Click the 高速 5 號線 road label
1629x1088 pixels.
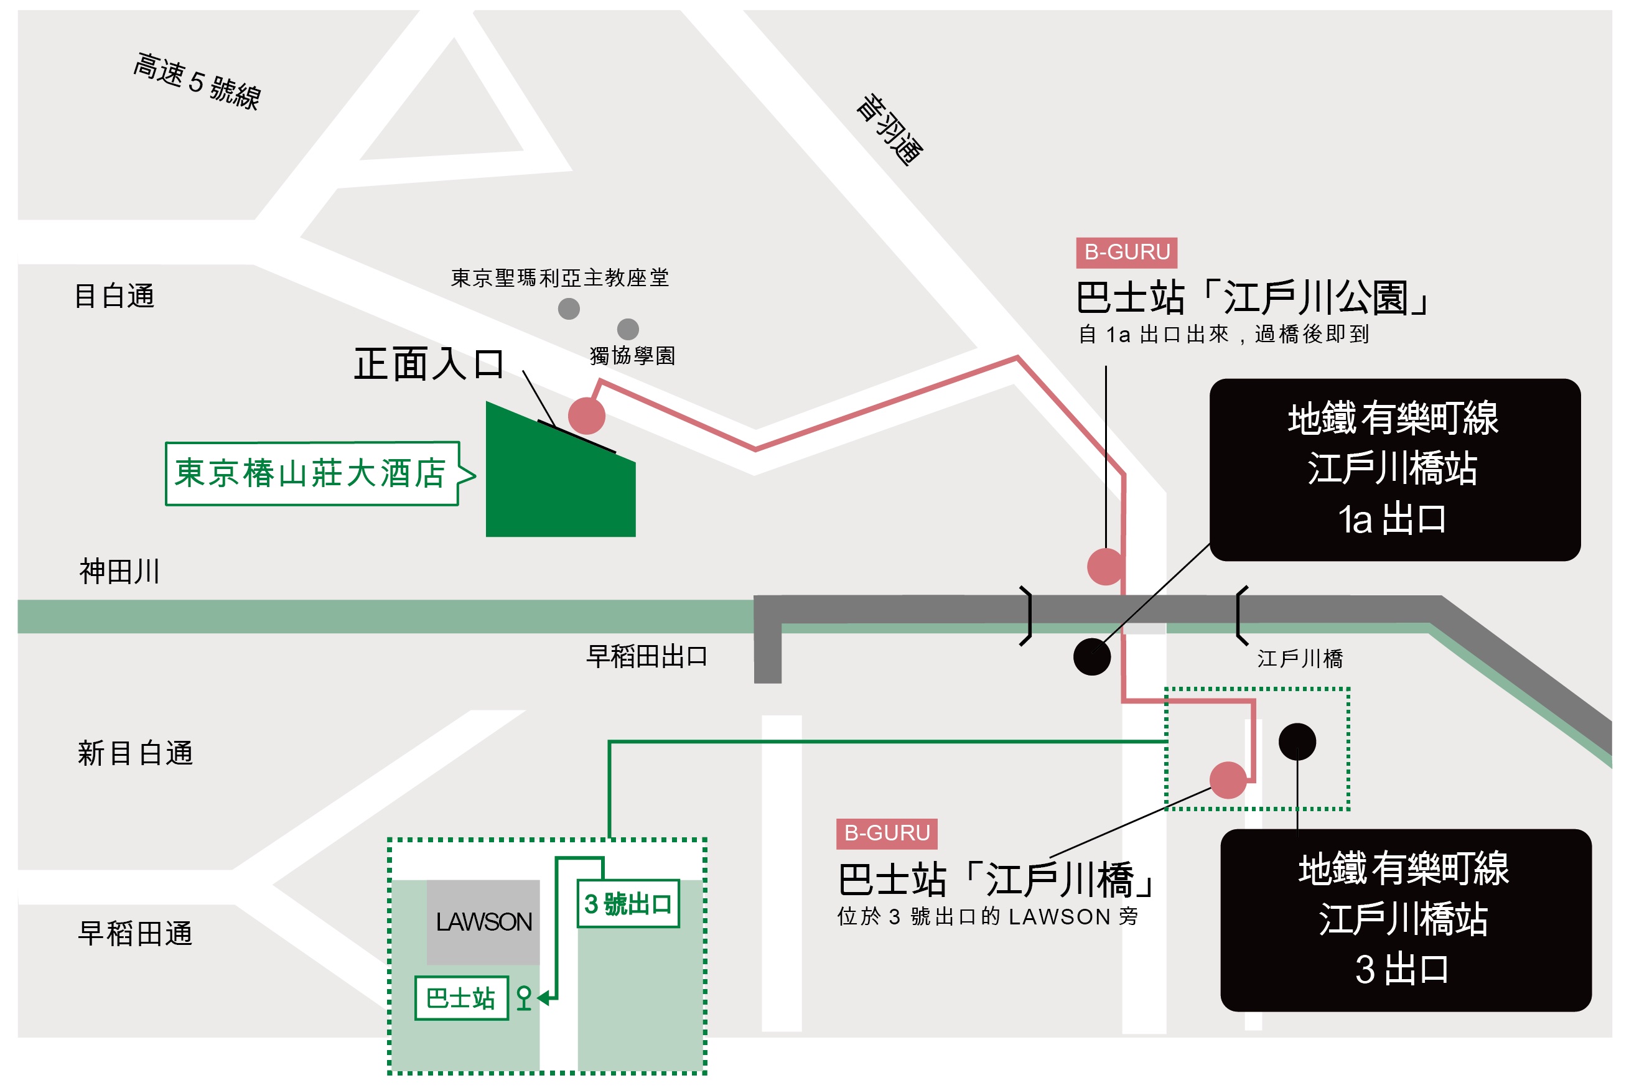197,81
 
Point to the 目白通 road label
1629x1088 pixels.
114,296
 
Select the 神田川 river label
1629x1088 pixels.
119,572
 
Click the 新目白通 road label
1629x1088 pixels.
136,753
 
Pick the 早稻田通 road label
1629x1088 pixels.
136,933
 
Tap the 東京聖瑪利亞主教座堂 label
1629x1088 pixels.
560,278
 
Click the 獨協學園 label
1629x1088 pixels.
632,356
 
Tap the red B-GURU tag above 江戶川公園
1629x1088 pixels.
1126,253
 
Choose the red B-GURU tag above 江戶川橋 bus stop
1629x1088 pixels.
886,834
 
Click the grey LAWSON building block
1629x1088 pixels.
483,922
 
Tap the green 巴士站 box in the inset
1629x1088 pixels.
462,998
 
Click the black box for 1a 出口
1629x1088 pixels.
1395,470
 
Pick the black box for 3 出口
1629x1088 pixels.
1406,920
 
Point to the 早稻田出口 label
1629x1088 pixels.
647,656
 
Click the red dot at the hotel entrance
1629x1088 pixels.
587,416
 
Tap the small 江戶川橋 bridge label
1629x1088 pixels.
1300,659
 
